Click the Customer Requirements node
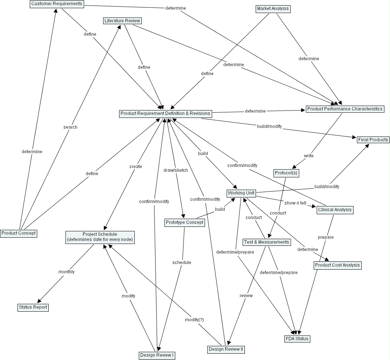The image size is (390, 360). tap(57, 4)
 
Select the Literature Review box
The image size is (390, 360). tap(122, 21)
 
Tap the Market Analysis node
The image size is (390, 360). tap(273, 9)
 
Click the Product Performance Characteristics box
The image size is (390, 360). tap(345, 109)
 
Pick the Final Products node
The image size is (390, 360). tap(373, 140)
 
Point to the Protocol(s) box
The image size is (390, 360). tap(286, 173)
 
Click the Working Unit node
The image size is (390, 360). tap(241, 193)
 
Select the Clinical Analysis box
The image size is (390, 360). tap(335, 210)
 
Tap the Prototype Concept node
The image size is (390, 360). tap(185, 223)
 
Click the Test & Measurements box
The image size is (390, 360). tap(266, 242)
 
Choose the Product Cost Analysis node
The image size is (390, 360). tap(338, 265)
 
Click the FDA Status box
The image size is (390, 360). tap(297, 339)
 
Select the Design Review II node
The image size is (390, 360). tap(226, 349)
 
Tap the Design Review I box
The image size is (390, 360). tap(157, 355)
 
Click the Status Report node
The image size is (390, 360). tap(33, 307)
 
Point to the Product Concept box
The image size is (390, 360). tap(19, 234)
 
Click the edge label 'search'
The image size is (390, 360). tap(70, 127)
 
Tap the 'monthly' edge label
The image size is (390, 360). tap(67, 272)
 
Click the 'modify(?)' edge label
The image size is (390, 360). tap(195, 320)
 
